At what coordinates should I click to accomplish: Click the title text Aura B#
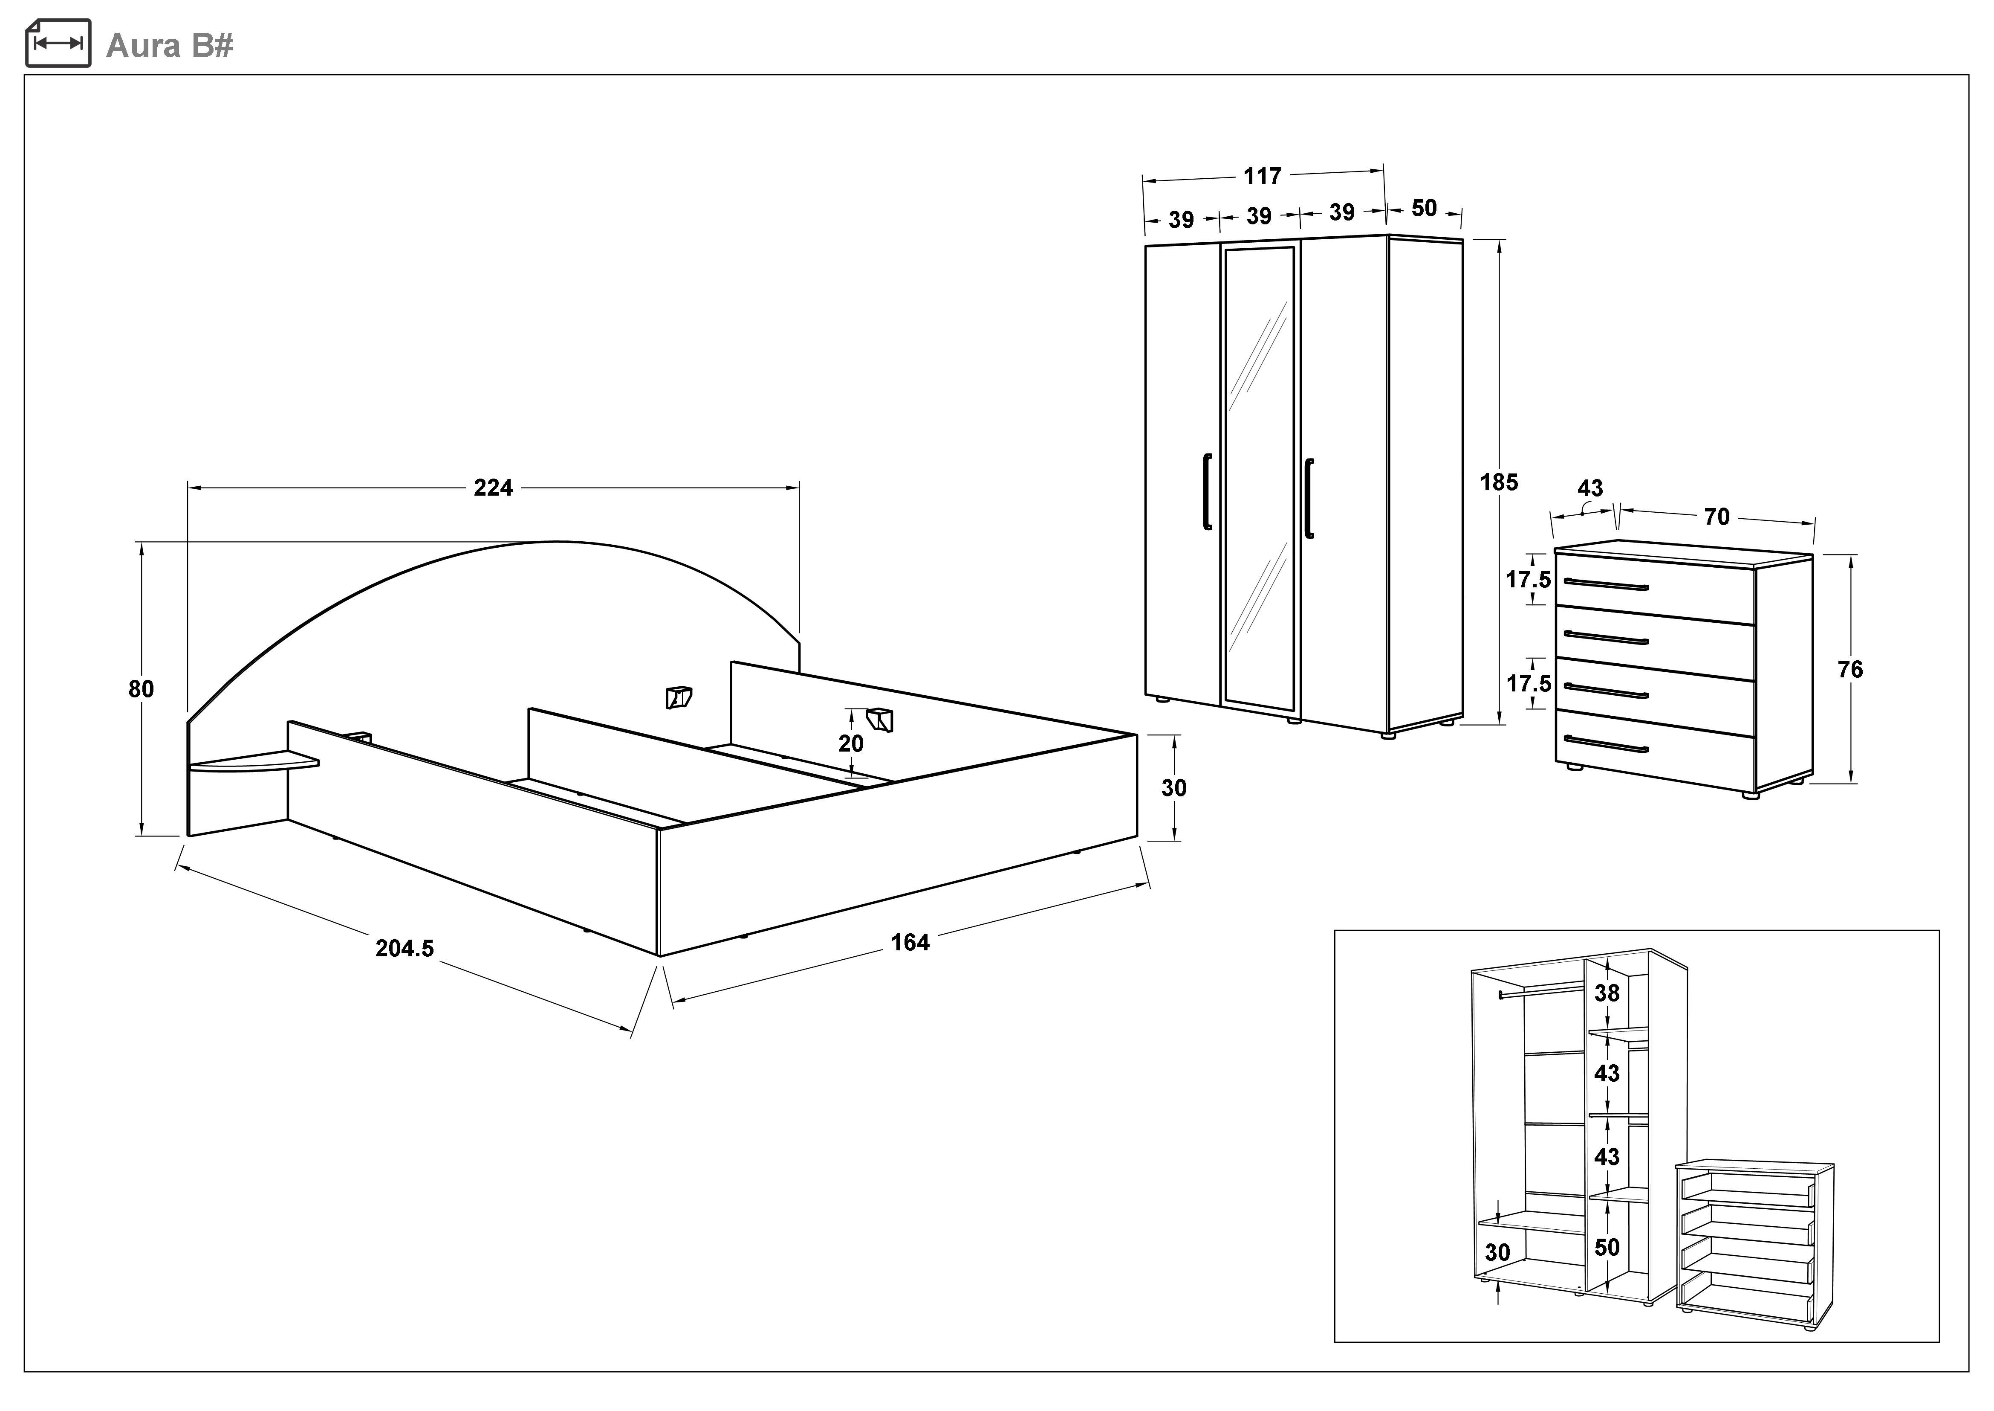[x=169, y=45]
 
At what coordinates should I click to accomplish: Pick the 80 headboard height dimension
[x=141, y=689]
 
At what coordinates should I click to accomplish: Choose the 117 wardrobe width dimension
[x=1262, y=177]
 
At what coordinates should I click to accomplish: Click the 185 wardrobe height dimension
[x=1499, y=482]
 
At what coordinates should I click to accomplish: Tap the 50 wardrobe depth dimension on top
[x=1424, y=209]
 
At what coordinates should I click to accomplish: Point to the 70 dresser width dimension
[x=1717, y=517]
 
